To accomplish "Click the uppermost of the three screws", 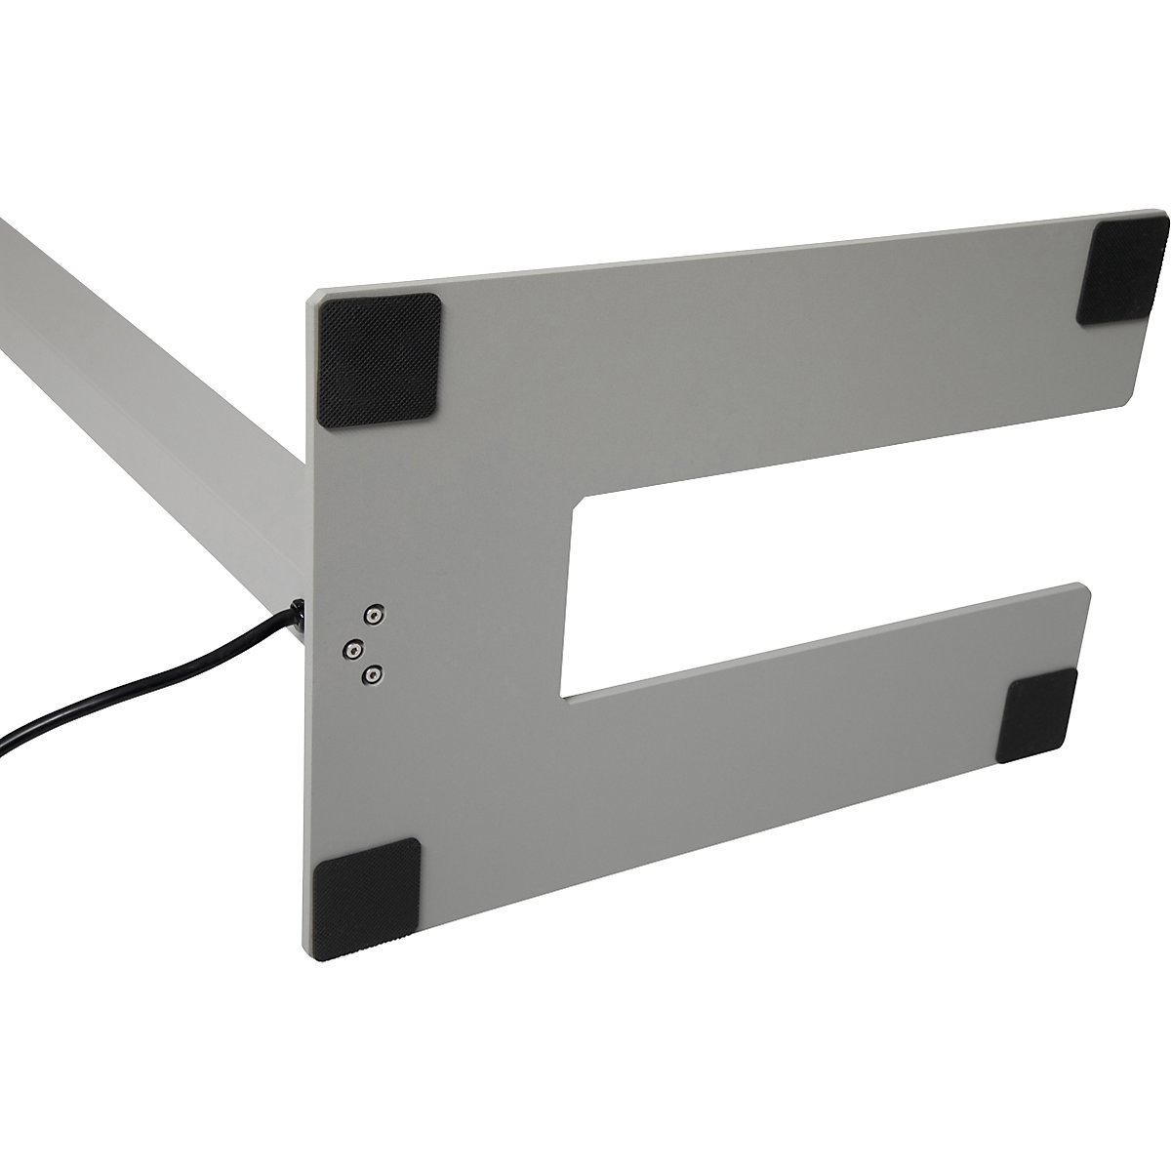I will pyautogui.click(x=372, y=615).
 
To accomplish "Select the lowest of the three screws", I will pyautogui.click(x=372, y=673).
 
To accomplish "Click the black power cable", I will pyautogui.click(x=146, y=683).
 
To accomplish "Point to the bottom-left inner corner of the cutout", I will pyautogui.click(x=564, y=698).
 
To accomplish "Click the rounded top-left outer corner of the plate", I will pyautogui.click(x=314, y=298).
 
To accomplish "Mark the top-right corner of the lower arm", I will pyautogui.click(x=1079, y=585).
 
